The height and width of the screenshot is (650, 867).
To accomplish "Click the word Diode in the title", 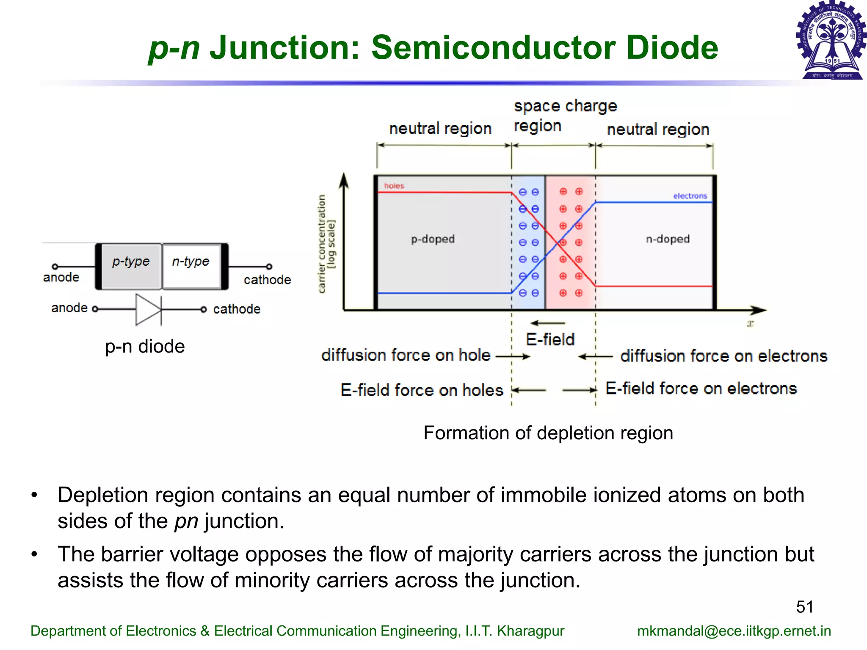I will [x=672, y=47].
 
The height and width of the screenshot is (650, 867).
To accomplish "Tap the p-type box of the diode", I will [x=131, y=266].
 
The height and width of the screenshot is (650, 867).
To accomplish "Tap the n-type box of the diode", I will [x=191, y=266].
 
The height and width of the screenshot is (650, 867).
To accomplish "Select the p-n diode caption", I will [x=145, y=347].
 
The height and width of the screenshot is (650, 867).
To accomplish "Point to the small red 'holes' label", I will [x=394, y=186].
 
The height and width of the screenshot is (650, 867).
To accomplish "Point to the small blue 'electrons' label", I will [x=690, y=196].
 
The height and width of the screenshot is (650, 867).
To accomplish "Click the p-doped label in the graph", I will [x=433, y=239].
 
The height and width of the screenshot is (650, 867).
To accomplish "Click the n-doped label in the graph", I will [x=668, y=239].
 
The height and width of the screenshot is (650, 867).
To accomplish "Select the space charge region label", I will [x=565, y=116].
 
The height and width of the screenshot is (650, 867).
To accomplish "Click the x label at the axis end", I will [x=750, y=324].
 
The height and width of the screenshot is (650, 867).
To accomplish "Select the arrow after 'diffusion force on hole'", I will [x=513, y=357].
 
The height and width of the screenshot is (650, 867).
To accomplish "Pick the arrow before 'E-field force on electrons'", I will [x=579, y=390].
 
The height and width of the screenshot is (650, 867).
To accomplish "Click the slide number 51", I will [x=805, y=607].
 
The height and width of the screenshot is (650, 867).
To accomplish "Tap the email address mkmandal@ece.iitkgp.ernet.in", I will [x=734, y=631].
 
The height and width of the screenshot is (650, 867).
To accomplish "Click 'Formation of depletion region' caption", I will [x=548, y=433].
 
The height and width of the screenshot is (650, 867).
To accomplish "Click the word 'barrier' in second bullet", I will [x=131, y=554].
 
